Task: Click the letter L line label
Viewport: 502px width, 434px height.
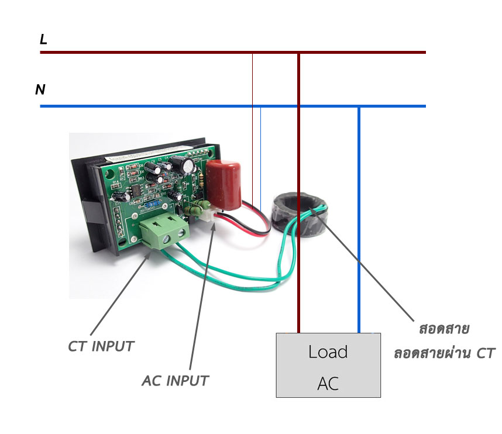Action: pos(43,39)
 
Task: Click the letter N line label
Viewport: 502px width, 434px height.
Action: pos(40,89)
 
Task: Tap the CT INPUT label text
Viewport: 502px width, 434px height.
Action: pos(101,346)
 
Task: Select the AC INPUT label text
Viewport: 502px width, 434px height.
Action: pos(175,381)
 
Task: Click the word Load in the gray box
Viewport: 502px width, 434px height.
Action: pos(328,352)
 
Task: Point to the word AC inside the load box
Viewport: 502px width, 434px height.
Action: pos(328,384)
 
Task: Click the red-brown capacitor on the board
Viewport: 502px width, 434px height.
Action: pos(223,185)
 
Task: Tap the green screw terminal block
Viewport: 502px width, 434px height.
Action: pos(164,231)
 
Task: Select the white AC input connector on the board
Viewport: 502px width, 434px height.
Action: pos(208,215)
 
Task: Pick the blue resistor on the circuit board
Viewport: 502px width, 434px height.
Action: pos(152,204)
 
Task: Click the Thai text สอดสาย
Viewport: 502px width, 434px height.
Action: pos(444,329)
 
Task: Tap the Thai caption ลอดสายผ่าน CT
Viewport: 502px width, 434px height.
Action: pos(445,353)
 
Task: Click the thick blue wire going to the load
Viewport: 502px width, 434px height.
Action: pos(359,220)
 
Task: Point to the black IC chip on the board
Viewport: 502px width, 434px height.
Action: pos(136,190)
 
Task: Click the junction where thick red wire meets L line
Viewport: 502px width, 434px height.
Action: pos(299,52)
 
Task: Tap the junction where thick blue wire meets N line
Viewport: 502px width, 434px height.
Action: pos(359,106)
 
